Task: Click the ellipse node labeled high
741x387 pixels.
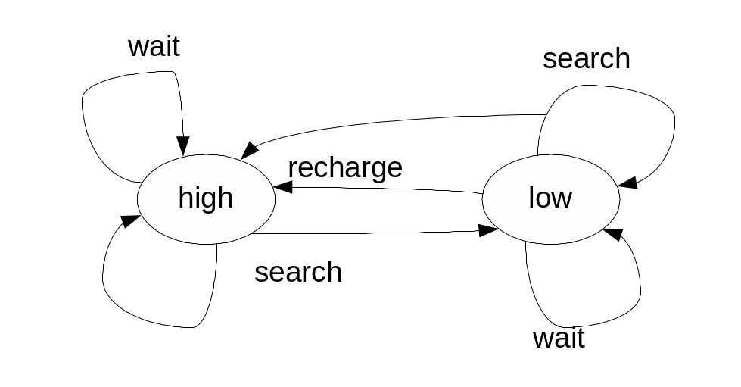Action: point(206,198)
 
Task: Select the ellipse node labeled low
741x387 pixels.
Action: point(550,198)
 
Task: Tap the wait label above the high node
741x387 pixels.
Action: point(154,46)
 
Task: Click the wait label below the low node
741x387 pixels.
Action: point(559,338)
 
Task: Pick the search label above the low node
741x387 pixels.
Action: point(587,59)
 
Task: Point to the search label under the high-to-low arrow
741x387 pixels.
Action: point(298,272)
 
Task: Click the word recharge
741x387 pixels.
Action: point(345,167)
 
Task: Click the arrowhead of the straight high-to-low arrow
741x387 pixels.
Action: point(489,230)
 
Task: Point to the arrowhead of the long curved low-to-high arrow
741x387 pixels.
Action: point(248,150)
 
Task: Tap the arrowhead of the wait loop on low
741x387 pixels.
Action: point(612,233)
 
